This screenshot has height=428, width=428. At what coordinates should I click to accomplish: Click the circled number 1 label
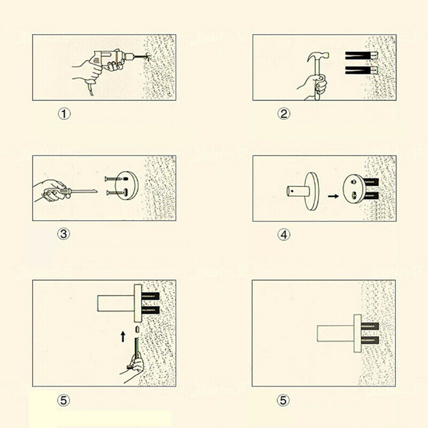click(64, 113)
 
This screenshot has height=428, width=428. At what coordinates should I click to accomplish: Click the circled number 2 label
click(284, 113)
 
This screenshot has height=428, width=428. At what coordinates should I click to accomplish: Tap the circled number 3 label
click(64, 234)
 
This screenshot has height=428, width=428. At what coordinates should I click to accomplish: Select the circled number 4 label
click(284, 235)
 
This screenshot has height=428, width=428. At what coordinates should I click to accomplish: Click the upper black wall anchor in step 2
click(361, 56)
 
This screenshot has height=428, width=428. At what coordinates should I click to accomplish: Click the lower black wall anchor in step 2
click(361, 70)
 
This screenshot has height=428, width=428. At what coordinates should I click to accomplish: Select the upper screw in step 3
click(116, 179)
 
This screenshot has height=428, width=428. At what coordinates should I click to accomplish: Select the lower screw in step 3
click(117, 193)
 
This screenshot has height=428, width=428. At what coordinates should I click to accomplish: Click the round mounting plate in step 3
click(127, 186)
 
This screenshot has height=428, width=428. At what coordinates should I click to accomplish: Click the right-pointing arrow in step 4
click(333, 196)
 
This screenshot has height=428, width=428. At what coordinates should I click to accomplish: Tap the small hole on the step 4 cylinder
click(292, 191)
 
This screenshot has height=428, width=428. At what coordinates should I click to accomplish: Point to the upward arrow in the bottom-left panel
click(123, 337)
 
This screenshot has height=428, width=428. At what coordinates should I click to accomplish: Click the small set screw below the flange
click(137, 330)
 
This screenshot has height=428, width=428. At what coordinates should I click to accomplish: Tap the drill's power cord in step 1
click(89, 88)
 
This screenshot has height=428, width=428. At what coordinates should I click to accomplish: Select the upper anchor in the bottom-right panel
click(370, 326)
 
